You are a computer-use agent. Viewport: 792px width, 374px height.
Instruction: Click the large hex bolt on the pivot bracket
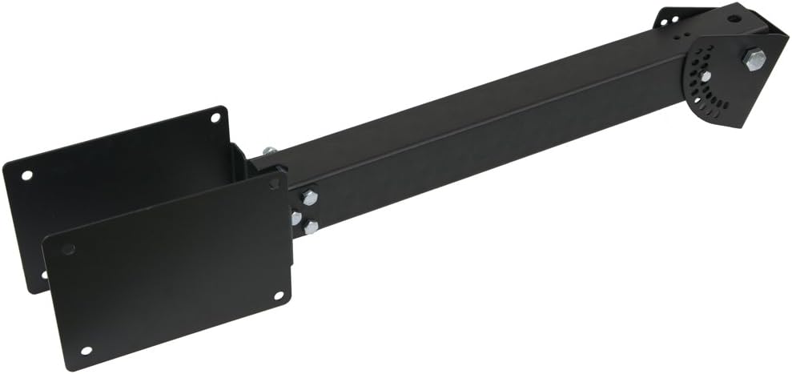(x=754, y=60)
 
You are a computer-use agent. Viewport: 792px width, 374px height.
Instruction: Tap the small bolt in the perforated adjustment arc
(x=706, y=76)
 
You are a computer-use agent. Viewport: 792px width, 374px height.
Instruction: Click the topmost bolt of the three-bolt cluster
(x=309, y=198)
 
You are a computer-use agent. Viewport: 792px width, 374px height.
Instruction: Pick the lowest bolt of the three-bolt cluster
(x=310, y=227)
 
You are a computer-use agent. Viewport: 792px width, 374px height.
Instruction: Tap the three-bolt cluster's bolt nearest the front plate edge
(x=295, y=218)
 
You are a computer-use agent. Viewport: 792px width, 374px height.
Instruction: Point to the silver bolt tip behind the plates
(x=269, y=151)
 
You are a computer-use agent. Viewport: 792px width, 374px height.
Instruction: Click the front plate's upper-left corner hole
(x=68, y=249)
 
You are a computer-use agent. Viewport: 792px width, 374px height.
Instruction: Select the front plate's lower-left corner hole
(x=86, y=351)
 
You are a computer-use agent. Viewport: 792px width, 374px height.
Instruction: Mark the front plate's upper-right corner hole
(x=274, y=184)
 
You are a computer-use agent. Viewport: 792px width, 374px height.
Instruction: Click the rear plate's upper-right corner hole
(x=215, y=118)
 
